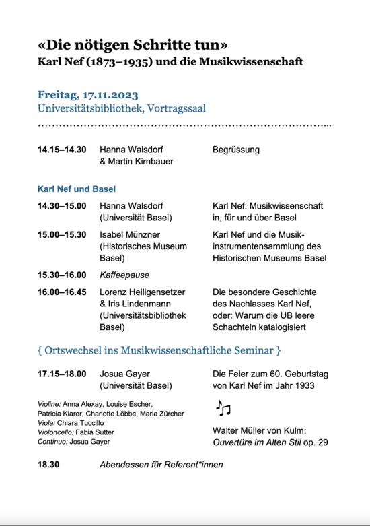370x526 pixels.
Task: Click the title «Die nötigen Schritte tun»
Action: tap(133, 45)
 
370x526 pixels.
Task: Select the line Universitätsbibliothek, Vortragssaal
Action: tap(122, 108)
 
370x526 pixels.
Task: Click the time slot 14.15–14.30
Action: tap(62, 150)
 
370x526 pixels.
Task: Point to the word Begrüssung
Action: tap(235, 150)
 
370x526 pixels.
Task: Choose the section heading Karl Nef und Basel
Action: tap(77, 189)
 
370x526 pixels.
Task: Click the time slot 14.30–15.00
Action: tap(62, 205)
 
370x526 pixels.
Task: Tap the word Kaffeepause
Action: tap(124, 275)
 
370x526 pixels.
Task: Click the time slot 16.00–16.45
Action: tap(62, 292)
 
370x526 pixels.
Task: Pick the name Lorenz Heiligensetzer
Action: tap(142, 292)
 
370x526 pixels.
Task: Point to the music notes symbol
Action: tap(223, 407)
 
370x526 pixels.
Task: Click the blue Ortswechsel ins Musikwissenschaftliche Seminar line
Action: tap(159, 350)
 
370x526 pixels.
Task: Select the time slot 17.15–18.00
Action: tap(62, 373)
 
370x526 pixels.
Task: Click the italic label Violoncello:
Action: tap(58, 432)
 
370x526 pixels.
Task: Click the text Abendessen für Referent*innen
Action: tap(161, 464)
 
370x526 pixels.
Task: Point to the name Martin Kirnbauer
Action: tap(140, 162)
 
